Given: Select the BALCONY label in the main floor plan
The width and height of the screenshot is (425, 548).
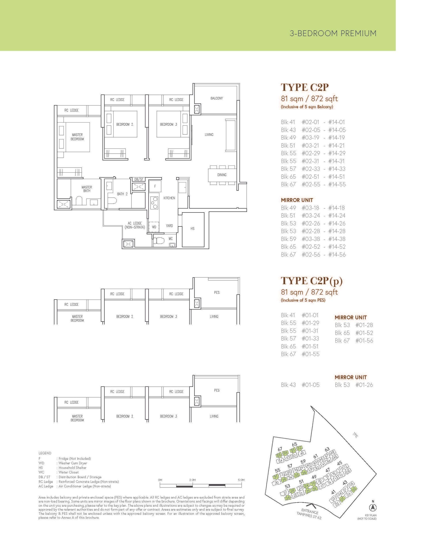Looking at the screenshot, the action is (216, 98).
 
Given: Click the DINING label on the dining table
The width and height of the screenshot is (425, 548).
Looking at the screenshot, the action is (222, 175).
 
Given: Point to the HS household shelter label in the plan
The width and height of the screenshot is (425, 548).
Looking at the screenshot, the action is (192, 229).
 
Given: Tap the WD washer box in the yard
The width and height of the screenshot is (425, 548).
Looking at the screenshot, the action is (154, 227).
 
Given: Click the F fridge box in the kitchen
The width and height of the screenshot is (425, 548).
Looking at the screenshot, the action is (155, 186).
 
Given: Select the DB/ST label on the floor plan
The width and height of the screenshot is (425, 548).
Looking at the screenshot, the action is (139, 179).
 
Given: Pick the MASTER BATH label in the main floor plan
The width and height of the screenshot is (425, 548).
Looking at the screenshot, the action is (87, 189).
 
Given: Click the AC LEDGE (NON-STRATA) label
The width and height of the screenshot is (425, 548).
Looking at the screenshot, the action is (135, 225).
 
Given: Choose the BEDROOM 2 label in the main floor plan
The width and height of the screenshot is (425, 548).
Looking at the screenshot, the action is (125, 125).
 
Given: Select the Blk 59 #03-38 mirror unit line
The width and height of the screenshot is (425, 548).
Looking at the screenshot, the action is (313, 239).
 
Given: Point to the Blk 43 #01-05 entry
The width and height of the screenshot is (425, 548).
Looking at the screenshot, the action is (300, 385).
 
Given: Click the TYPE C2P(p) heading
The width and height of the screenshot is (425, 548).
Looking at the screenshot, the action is (311, 281).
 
